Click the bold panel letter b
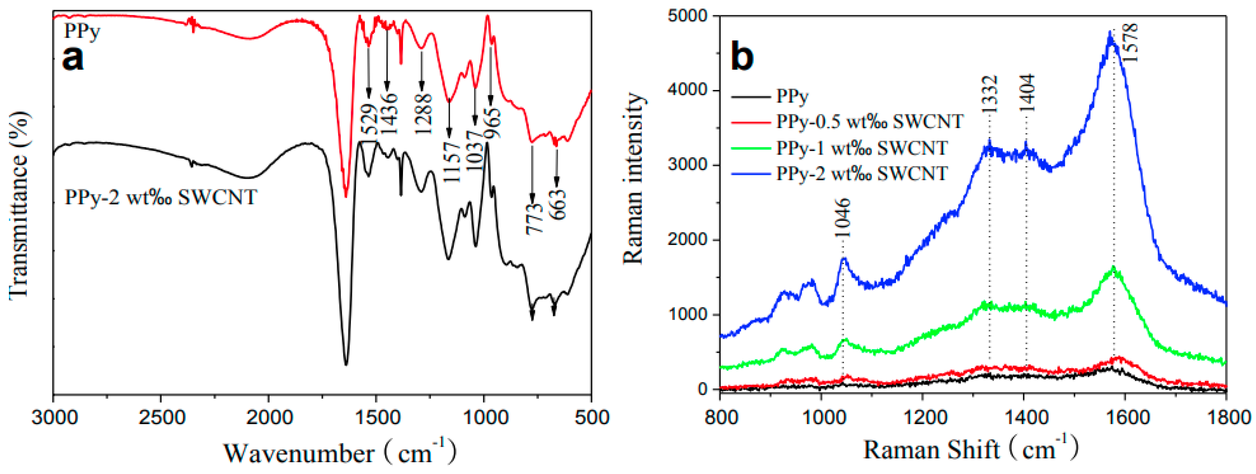click(742, 57)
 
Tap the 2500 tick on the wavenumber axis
click(160, 418)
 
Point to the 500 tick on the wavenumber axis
click(591, 418)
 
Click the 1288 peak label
click(423, 114)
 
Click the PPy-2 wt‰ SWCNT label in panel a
click(161, 197)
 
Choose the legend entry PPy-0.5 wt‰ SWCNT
click(869, 121)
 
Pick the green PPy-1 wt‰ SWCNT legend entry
click(862, 147)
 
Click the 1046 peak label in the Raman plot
click(842, 218)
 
